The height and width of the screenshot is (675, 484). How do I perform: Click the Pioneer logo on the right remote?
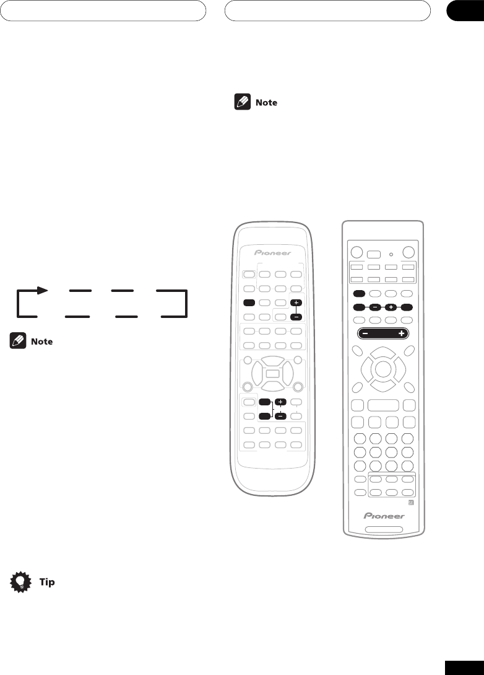pos(383,516)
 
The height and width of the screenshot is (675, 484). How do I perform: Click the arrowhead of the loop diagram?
pos(41,289)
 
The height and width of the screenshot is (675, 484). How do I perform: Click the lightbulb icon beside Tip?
pos(21,582)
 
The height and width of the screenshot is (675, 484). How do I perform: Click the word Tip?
pos(47,583)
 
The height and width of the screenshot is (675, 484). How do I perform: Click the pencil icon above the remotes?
pos(242,102)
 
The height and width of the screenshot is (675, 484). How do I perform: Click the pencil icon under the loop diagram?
pos(17,341)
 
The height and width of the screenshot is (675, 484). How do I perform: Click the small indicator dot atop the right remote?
pos(391,253)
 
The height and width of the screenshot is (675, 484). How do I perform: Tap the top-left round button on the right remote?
pos(356,253)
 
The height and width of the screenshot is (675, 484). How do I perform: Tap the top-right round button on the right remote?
pos(409,253)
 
